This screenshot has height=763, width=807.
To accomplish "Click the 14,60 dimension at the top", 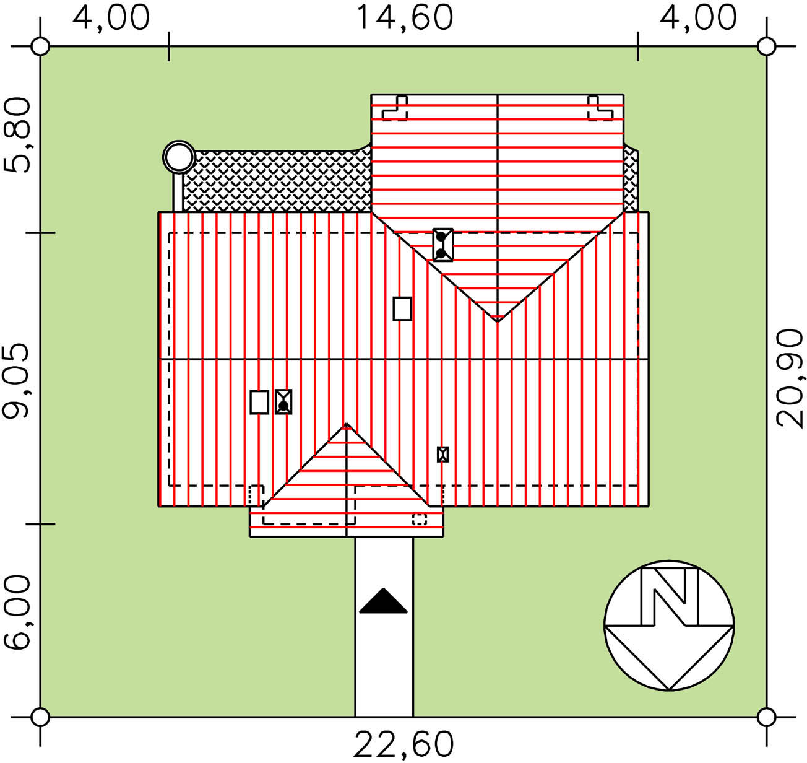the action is pyautogui.click(x=404, y=19).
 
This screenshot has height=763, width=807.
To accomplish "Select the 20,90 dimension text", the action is pyautogui.click(x=789, y=378).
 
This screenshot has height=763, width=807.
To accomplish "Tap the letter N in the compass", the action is pyautogui.click(x=669, y=596).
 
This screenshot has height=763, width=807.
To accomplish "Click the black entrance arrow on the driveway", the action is pyautogui.click(x=383, y=601).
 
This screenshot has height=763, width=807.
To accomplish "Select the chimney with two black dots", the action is pyautogui.click(x=443, y=245).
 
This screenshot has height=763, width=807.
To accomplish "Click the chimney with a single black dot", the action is pyautogui.click(x=283, y=402).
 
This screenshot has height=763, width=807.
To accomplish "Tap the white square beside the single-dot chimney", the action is pyautogui.click(x=259, y=402).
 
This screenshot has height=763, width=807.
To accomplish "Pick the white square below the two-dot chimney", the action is pyautogui.click(x=402, y=308).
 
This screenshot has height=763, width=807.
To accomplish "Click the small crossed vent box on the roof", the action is pyautogui.click(x=442, y=454).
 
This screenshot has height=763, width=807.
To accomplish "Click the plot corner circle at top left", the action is pyautogui.click(x=40, y=46).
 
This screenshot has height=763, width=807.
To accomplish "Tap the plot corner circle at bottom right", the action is pyautogui.click(x=766, y=717).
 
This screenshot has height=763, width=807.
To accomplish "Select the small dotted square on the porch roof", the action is pyautogui.click(x=420, y=520).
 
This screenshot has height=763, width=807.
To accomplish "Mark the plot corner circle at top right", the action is pyautogui.click(x=766, y=46).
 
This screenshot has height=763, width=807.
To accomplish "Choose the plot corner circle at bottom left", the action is pyautogui.click(x=40, y=717).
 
